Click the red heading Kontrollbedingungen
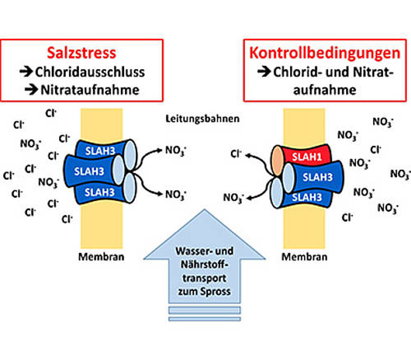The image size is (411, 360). [x=325, y=53]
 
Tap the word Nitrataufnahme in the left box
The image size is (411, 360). [x=90, y=90]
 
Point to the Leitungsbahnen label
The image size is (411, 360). [x=203, y=118]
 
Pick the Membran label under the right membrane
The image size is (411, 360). [x=304, y=257]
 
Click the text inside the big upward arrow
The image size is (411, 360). [x=204, y=272]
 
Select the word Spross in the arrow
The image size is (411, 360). [x=217, y=292]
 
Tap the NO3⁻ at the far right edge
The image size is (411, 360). [x=400, y=174]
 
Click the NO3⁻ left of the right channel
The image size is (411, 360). [x=233, y=198]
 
